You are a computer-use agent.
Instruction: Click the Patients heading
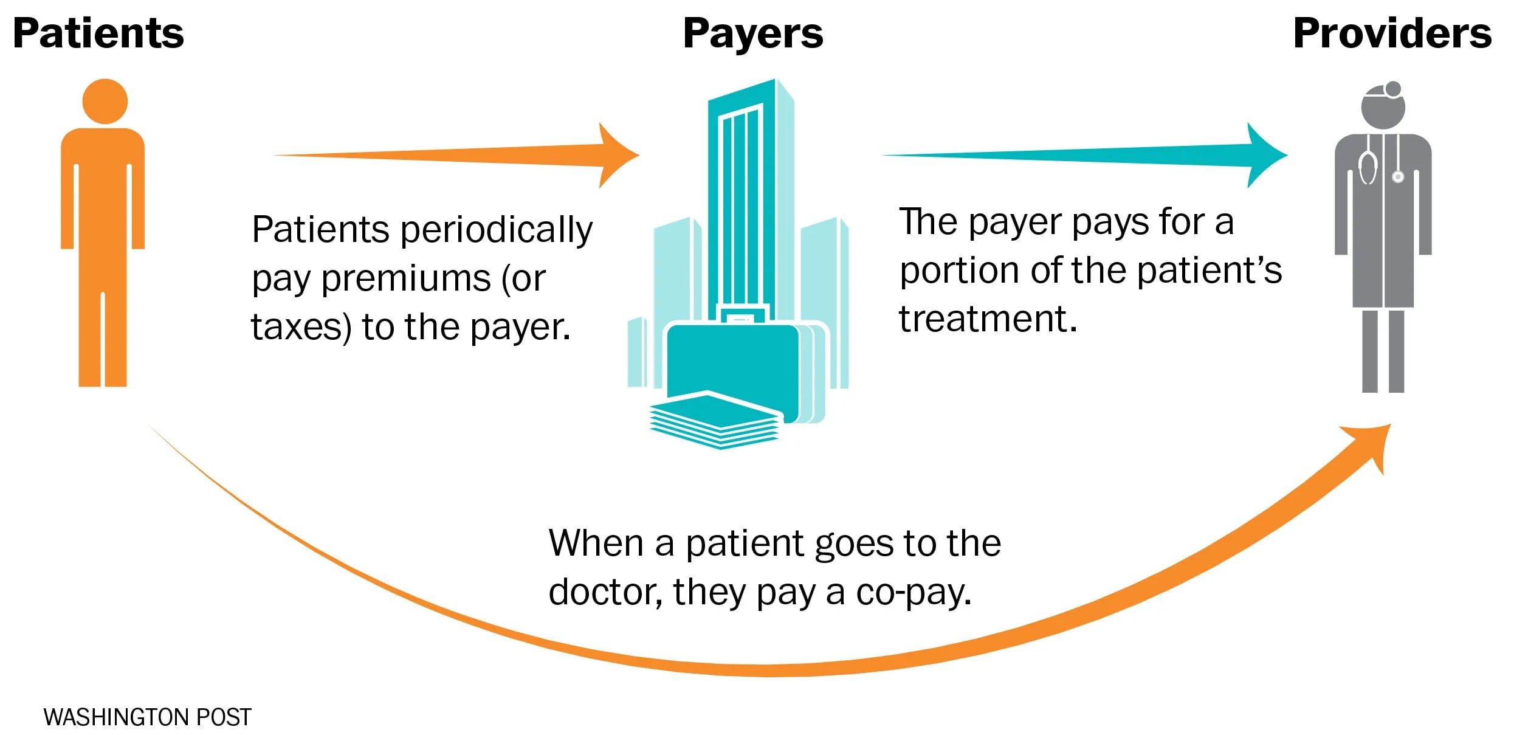(98, 33)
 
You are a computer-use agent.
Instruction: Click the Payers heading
(752, 33)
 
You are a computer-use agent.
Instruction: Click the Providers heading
(1392, 33)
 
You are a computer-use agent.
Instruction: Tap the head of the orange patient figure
(105, 102)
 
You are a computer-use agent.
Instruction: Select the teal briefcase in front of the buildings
(732, 365)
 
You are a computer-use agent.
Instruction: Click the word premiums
(405, 279)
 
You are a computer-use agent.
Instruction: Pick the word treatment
(988, 319)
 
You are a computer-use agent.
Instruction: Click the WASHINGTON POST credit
(147, 717)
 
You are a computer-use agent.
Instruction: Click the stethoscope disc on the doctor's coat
(1398, 177)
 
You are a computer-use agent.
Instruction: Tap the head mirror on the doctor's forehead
(1393, 89)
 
